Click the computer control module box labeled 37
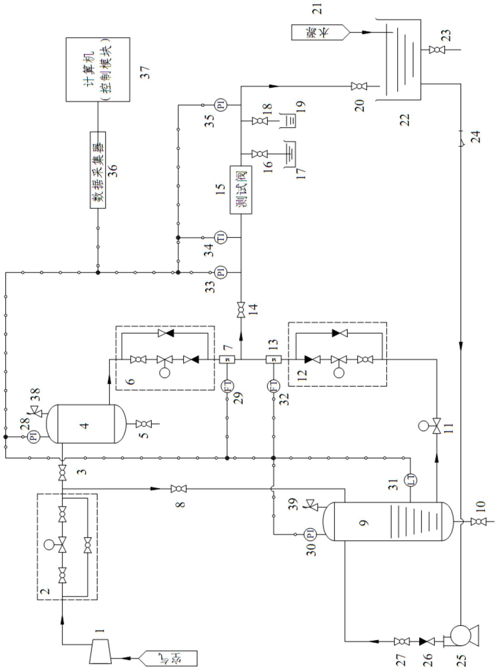(98, 69)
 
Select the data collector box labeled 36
(98, 170)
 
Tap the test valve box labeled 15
(241, 190)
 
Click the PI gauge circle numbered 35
(222, 105)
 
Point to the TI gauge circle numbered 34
(222, 237)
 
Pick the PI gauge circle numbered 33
(222, 272)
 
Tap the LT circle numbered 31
(410, 480)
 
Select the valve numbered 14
(241, 310)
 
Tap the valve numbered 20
(359, 86)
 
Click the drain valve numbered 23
(437, 50)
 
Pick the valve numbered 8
(179, 489)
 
